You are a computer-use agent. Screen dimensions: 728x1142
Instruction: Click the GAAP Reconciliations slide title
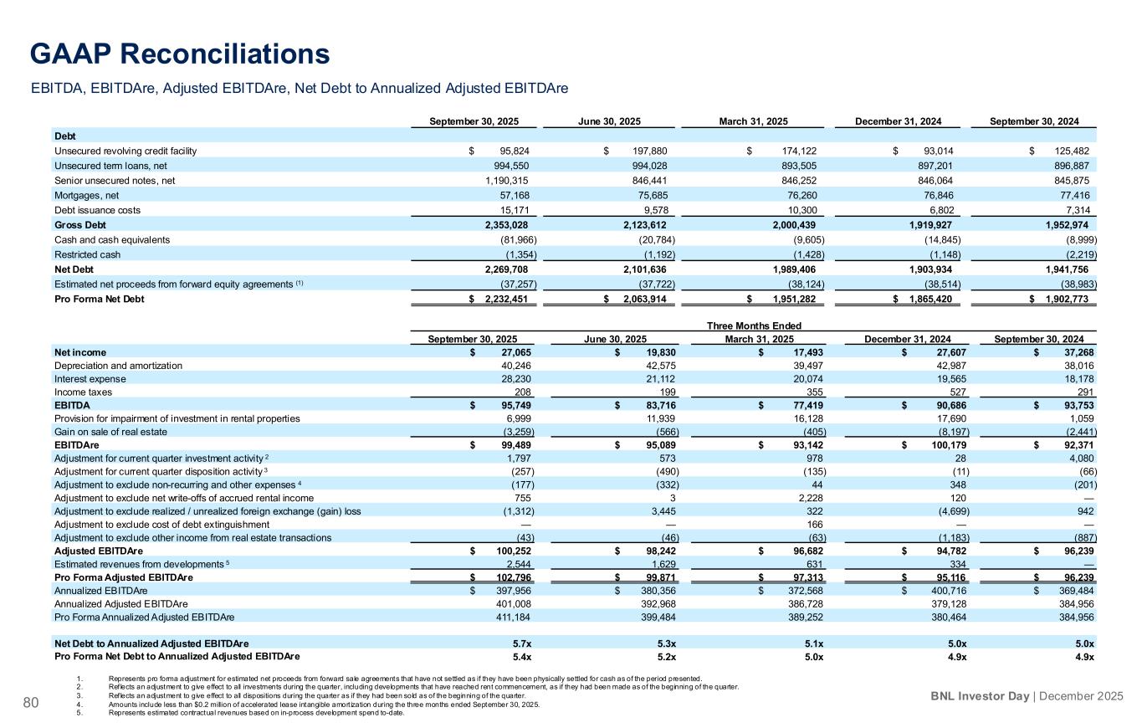[x=180, y=54]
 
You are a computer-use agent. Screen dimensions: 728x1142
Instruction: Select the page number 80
[x=31, y=702]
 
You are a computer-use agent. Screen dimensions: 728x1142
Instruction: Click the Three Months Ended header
[x=754, y=326]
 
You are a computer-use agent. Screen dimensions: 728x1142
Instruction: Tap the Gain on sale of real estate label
[x=110, y=432]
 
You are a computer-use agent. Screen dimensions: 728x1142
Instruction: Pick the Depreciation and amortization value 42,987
[x=945, y=365]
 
